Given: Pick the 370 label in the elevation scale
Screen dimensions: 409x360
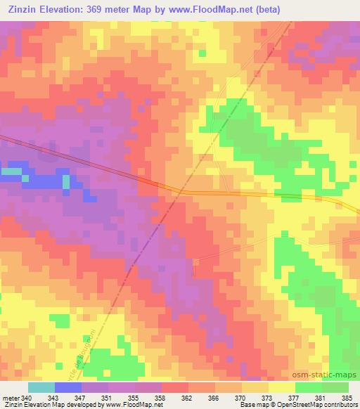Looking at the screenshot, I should pyautogui.click(x=240, y=398).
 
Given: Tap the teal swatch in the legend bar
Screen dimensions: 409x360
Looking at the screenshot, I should pyautogui.click(x=41, y=387).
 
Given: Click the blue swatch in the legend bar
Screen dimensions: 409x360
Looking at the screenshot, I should pyautogui.click(x=68, y=387).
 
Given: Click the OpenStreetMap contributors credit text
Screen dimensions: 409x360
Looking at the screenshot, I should pyautogui.click(x=323, y=405).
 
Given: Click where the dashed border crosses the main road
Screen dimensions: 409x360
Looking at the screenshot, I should pyautogui.click(x=181, y=190).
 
